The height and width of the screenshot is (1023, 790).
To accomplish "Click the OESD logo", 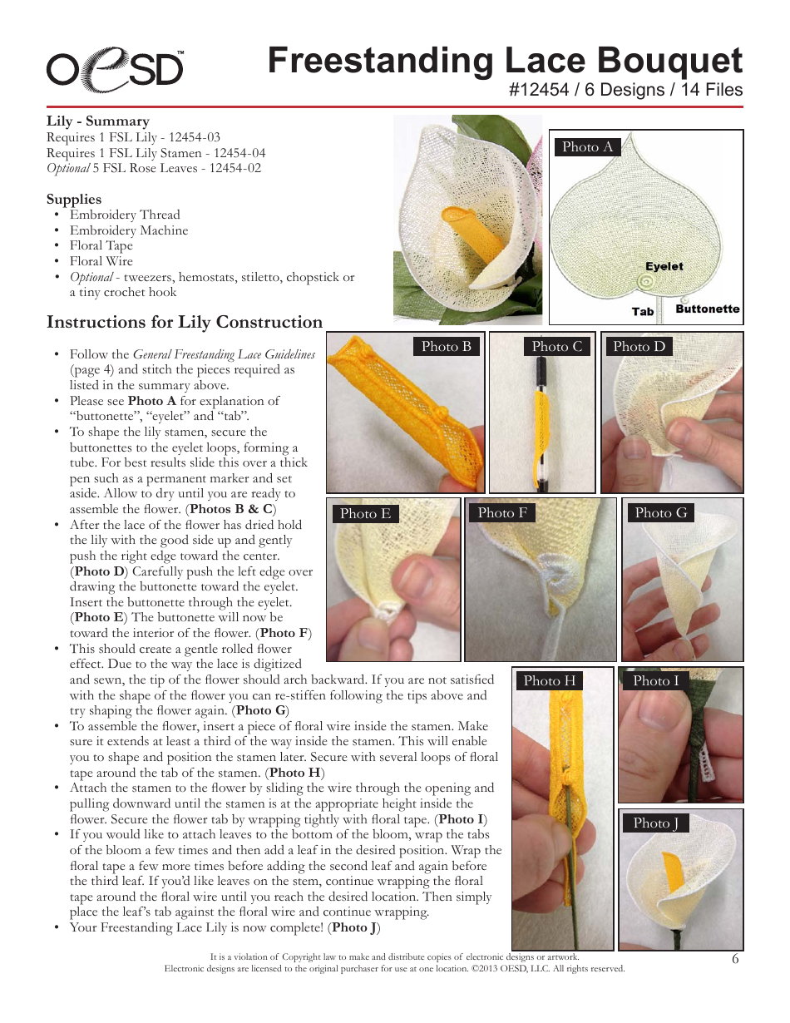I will [115, 68].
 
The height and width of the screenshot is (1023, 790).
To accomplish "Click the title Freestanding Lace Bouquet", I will [505, 62].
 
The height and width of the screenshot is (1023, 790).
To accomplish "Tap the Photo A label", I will [587, 147].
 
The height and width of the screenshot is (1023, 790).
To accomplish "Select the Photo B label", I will [447, 347].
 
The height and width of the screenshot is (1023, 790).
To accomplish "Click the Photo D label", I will [639, 347].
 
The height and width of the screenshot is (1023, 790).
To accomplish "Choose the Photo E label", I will [365, 514].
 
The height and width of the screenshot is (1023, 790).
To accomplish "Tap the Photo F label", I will [502, 513].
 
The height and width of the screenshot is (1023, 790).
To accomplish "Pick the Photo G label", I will [661, 513].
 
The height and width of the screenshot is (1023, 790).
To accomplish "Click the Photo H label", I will [549, 681].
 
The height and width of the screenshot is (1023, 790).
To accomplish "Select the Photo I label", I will [656, 681].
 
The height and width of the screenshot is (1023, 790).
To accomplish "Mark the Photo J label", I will [656, 823].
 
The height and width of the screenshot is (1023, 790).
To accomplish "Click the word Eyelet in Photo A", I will [664, 267].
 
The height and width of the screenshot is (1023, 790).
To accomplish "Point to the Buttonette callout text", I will [707, 309].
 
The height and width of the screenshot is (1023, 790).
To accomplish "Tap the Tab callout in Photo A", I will [643, 312].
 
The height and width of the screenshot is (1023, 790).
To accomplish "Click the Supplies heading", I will [74, 199].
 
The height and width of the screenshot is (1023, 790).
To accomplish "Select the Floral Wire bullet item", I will [101, 261].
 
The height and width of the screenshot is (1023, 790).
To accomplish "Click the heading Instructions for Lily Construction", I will [185, 323].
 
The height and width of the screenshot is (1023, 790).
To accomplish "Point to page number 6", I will [735, 958].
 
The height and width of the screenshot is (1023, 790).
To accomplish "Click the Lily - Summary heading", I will [97, 121].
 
